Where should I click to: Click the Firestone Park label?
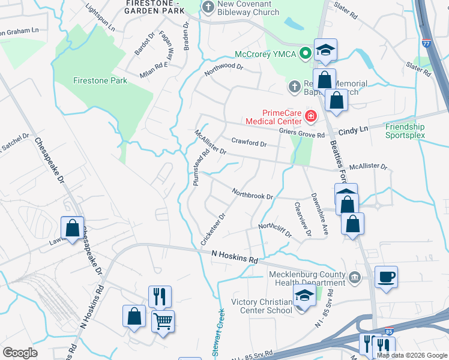point(100,80)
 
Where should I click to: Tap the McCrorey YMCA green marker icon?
point(306,53)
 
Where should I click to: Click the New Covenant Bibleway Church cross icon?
point(208,8)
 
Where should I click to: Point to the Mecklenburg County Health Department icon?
point(354,278)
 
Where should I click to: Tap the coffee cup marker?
point(386,278)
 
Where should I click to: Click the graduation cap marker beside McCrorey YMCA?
point(325,50)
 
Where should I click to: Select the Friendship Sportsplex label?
point(405,131)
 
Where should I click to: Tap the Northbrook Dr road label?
point(253,193)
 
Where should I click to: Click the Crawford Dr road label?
point(249,143)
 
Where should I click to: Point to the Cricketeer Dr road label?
point(213,229)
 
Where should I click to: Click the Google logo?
point(20,353)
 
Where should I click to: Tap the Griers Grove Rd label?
point(301,133)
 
